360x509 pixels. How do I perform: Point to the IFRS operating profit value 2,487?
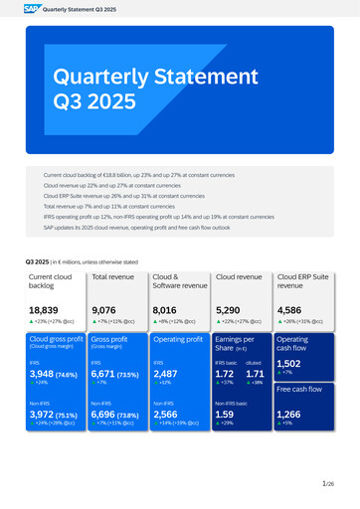point(166,374)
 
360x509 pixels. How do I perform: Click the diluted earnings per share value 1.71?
point(254,374)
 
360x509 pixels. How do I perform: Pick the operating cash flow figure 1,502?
point(289,364)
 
